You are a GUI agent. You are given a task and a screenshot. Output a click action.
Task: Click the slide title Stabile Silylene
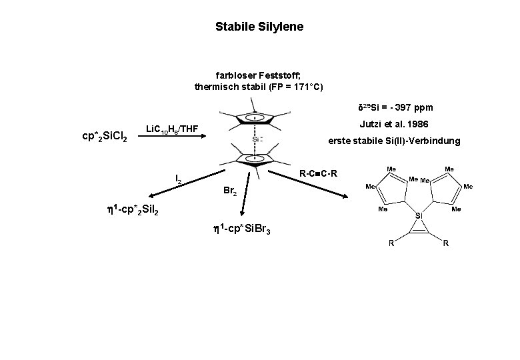259,27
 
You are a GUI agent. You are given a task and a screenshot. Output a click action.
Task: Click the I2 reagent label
179,179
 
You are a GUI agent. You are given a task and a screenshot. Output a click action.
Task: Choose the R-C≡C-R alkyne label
318,174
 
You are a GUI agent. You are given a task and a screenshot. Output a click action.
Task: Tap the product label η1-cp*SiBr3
241,231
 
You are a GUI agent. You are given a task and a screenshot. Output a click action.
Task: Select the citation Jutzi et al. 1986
394,125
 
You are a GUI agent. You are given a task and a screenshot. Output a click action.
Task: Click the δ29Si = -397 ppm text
395,107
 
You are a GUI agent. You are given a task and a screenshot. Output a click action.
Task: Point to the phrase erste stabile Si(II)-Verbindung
393,141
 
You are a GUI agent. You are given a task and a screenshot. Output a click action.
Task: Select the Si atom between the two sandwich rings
255,139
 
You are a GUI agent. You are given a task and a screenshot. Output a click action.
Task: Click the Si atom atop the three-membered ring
419,216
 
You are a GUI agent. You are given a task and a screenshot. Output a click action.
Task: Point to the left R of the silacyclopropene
391,243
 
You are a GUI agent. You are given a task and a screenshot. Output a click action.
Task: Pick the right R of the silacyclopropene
445,243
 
